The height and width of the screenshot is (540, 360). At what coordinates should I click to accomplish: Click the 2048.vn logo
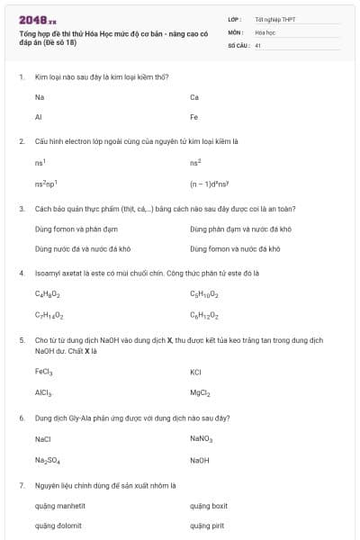pyautogui.click(x=37, y=19)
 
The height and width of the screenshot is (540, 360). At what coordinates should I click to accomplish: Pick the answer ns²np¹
pyautogui.click(x=47, y=184)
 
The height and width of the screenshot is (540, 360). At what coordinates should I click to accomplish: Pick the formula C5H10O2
pyautogui.click(x=204, y=294)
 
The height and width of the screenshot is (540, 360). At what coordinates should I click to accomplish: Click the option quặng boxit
pyautogui.click(x=209, y=506)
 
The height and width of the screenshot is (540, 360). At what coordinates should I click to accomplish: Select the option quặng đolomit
pyautogui.click(x=58, y=526)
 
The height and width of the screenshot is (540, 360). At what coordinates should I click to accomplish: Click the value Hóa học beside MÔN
pyautogui.click(x=265, y=31)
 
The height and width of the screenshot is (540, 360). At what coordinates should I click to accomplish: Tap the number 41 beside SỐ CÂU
pyautogui.click(x=257, y=44)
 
